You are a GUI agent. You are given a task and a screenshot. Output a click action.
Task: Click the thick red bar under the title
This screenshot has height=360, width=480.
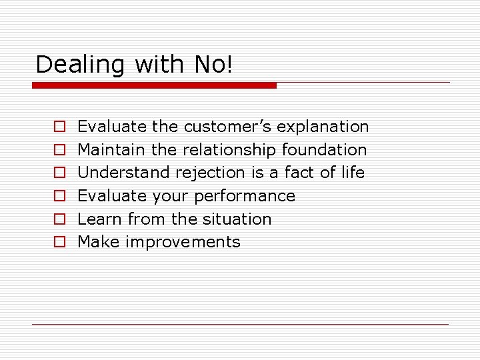coord(155,85)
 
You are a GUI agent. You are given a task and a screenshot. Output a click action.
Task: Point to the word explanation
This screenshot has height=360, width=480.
coord(323,127)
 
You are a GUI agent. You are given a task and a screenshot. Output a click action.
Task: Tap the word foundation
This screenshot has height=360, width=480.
coord(325,150)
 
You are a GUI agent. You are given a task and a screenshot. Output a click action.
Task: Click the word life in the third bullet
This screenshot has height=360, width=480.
coord(353,173)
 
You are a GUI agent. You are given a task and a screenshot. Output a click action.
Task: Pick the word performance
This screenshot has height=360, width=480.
coord(244,196)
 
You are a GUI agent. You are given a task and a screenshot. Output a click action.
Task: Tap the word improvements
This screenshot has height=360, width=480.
coord(183,242)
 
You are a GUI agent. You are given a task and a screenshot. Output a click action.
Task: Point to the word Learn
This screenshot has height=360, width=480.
coord(100,219)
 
